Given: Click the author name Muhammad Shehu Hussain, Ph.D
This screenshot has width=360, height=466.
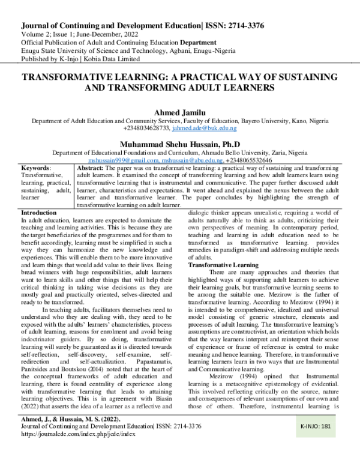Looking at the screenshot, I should click(181, 144).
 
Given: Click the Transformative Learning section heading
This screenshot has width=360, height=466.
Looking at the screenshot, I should click(223, 265).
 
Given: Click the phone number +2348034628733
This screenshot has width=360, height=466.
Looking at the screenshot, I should click(146, 128).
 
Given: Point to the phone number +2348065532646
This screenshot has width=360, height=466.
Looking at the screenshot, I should click(249, 161).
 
